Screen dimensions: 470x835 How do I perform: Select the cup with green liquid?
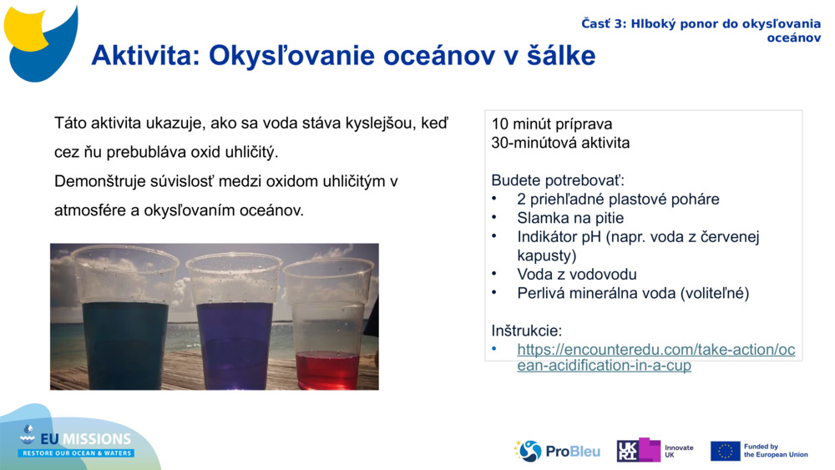pos(125,326)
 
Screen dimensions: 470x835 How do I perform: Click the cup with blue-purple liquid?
pos(235,326)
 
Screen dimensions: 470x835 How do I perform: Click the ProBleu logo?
pos(557,451)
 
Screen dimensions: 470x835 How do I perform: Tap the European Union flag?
pos(725,451)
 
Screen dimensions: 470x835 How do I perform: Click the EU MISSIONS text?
pos(87,438)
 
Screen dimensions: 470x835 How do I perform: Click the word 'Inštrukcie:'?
pos(526,331)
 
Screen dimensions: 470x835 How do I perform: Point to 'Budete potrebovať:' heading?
pos(557,180)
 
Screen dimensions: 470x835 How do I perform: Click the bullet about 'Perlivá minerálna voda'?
pos(633,293)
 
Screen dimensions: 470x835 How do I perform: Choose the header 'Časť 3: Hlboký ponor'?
pos(701,24)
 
